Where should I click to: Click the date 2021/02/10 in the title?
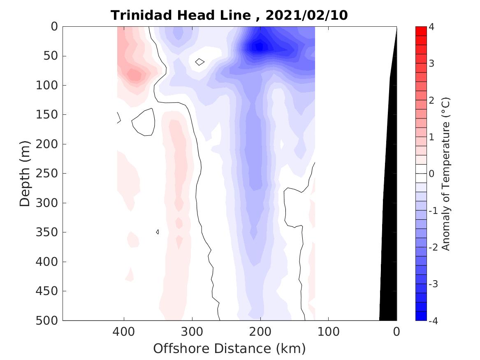point(306,15)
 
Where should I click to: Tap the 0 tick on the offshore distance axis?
point(397,331)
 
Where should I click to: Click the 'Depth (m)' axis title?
point(25,173)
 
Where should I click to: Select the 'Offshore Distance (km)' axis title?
point(230,349)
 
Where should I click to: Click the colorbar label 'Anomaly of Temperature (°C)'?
point(446,174)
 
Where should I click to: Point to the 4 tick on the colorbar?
point(431,27)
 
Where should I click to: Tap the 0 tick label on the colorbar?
point(431,174)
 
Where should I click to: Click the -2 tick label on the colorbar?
point(434,247)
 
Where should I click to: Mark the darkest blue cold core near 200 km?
point(260,46)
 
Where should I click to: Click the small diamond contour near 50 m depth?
point(199,62)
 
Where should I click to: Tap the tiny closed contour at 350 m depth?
point(158,232)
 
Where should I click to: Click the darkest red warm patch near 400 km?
point(134,75)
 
